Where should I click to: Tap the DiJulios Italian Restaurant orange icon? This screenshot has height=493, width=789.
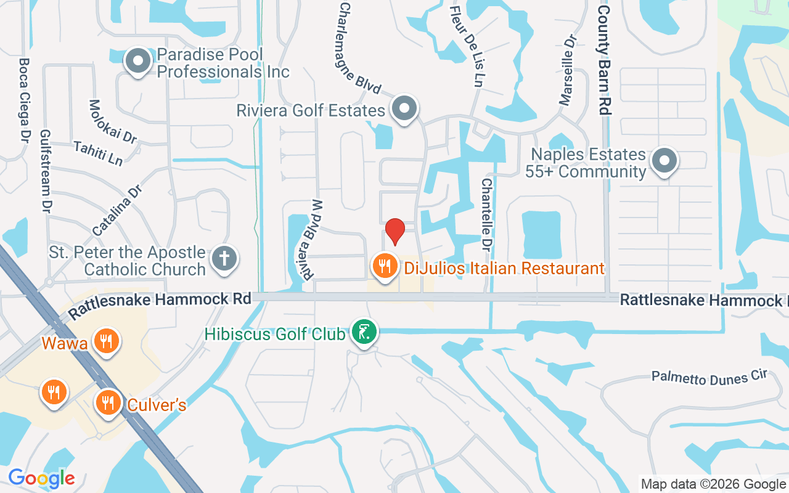click(385, 266)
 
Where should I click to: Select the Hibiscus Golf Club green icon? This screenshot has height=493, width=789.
click(364, 332)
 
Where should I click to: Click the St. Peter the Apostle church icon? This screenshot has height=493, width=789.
click(224, 259)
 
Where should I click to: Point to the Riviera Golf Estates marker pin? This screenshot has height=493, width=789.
click(404, 108)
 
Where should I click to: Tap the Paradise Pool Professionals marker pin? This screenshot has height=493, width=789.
click(138, 62)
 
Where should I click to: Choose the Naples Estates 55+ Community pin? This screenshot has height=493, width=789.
click(664, 161)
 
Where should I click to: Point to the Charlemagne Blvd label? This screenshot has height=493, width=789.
click(360, 48)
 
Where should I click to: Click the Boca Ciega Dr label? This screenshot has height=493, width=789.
click(25, 99)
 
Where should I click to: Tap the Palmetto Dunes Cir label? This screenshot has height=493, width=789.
click(709, 377)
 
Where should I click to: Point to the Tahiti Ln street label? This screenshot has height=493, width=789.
click(98, 153)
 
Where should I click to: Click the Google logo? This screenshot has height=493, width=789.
click(41, 478)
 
